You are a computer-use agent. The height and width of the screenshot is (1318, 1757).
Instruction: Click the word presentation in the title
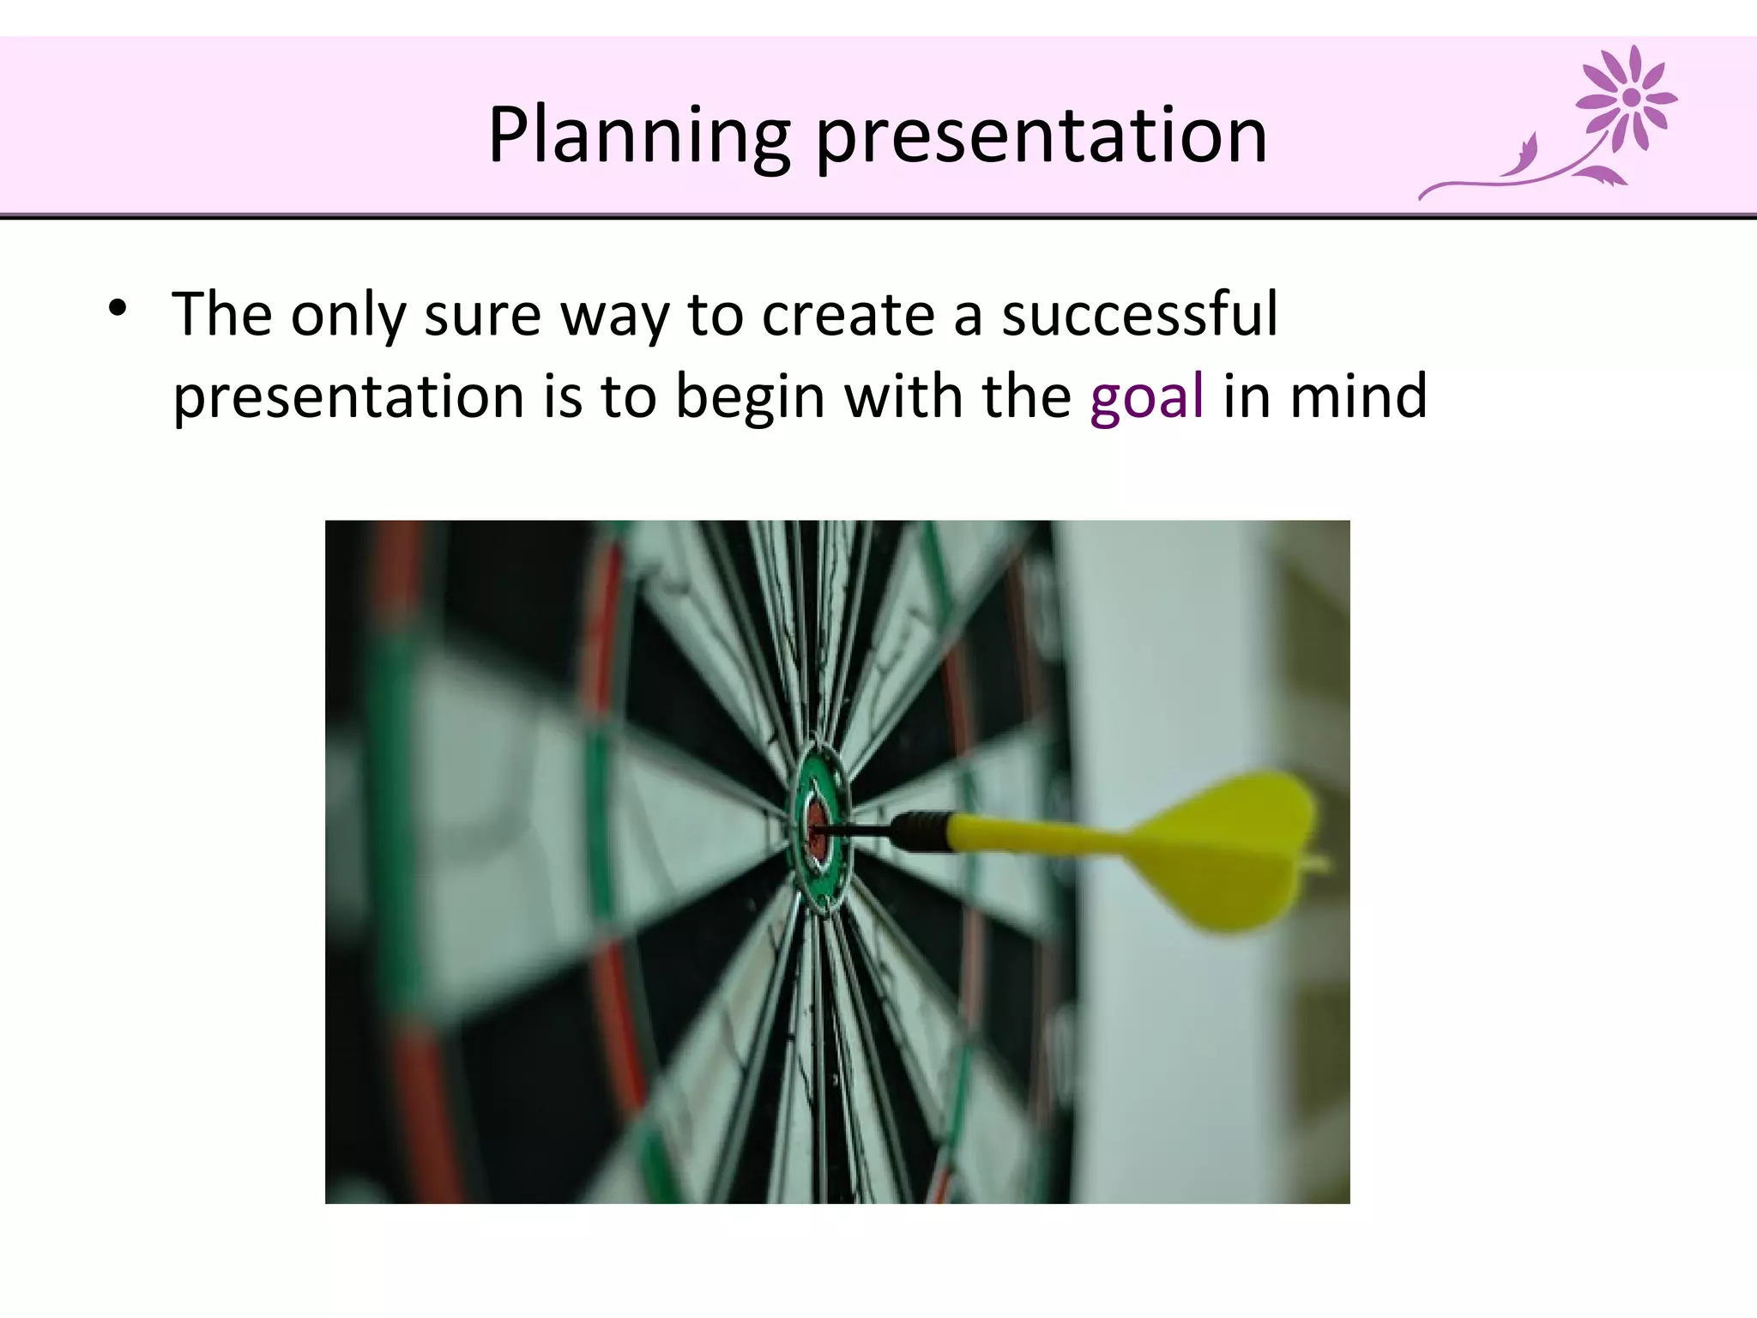click(x=1041, y=137)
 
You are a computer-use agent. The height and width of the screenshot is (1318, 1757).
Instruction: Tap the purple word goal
click(x=1147, y=397)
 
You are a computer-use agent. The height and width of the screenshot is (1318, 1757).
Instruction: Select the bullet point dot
click(x=118, y=308)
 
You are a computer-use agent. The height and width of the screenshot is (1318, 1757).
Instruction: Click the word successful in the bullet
click(x=1139, y=314)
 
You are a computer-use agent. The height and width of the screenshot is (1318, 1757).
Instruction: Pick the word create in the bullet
click(x=848, y=314)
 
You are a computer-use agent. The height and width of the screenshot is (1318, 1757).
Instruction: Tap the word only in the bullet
click(x=347, y=316)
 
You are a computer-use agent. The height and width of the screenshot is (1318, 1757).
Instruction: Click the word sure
click(x=482, y=316)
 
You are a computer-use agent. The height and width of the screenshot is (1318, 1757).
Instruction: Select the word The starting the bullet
click(x=222, y=314)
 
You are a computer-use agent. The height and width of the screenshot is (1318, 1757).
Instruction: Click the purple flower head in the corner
click(x=1629, y=97)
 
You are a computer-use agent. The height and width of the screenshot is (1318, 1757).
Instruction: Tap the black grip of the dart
click(x=920, y=831)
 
